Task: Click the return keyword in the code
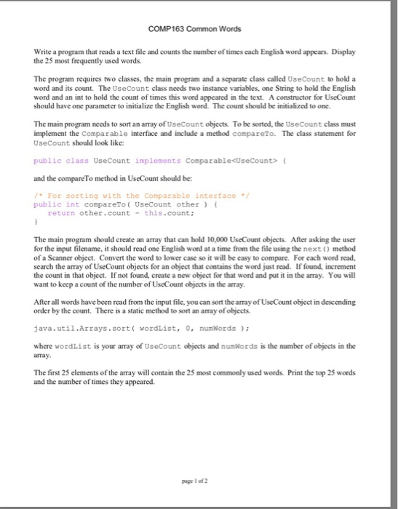click(61, 213)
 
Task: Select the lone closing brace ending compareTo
click(35, 222)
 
